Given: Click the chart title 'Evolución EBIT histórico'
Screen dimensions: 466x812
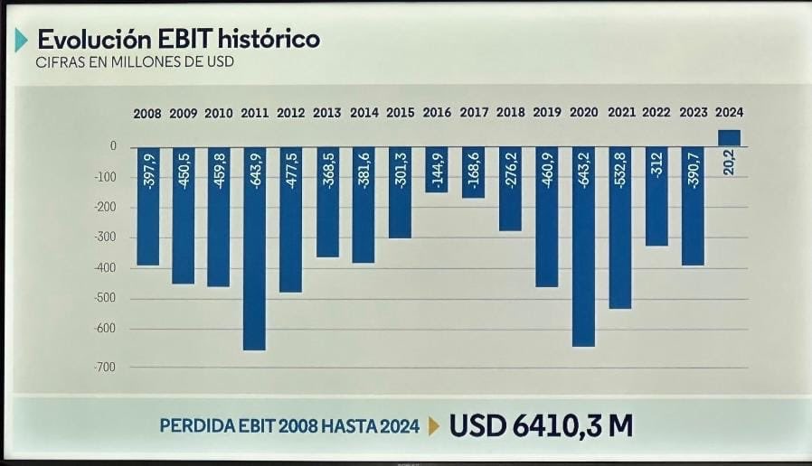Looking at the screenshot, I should [x=178, y=40].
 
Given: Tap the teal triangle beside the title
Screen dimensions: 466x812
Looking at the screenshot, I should [x=21, y=41].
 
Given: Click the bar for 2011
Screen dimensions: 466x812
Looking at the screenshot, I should [x=255, y=248].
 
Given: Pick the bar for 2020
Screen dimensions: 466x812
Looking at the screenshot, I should [x=583, y=247].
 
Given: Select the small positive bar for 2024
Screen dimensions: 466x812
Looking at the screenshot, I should [x=729, y=137].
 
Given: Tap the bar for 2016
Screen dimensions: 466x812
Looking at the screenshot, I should [x=437, y=169].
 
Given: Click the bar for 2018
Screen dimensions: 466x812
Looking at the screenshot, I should [x=510, y=189].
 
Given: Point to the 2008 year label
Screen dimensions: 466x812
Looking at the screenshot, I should [x=147, y=114].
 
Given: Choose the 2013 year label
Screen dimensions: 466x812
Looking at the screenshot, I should [x=327, y=114].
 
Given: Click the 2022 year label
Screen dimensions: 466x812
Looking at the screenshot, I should [x=656, y=114].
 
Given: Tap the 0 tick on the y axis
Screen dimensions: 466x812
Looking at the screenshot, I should [x=114, y=146].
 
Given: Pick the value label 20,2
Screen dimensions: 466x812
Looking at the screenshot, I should [x=729, y=163].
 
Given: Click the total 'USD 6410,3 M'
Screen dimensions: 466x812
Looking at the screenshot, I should [x=540, y=425].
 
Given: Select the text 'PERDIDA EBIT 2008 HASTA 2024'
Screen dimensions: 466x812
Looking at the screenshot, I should [x=289, y=426].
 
